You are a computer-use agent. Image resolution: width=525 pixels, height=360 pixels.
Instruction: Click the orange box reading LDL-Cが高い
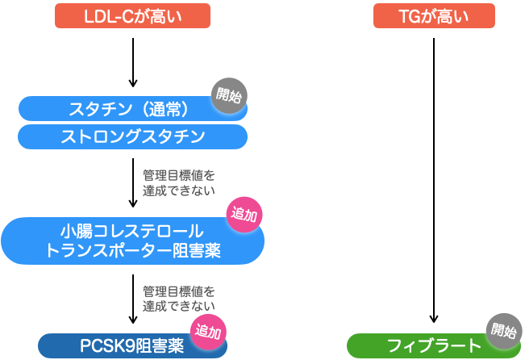(x=133, y=15)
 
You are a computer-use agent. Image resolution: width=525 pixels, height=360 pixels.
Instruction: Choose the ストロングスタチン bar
(x=133, y=136)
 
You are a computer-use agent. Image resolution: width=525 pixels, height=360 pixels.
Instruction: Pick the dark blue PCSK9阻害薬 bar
(x=121, y=346)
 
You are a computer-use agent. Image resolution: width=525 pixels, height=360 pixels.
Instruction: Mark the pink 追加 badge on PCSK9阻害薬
(x=208, y=332)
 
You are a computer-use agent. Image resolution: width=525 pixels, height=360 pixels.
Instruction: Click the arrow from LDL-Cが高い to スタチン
(x=133, y=61)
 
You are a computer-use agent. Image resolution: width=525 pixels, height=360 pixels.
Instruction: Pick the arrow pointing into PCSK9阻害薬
(x=133, y=299)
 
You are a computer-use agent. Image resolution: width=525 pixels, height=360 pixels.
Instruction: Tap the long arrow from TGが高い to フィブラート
(x=435, y=178)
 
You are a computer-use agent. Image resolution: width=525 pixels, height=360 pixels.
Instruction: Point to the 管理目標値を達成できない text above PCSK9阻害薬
(x=179, y=299)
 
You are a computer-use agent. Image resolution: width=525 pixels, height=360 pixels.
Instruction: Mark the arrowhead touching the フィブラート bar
(x=435, y=323)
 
